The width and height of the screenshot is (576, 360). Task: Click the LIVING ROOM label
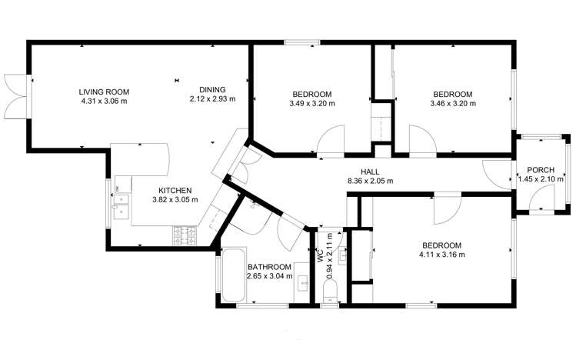pos(103,92)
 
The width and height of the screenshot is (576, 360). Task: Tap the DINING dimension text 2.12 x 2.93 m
pos(212,99)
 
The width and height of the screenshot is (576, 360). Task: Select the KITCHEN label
pos(175,191)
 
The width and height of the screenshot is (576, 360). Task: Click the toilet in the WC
pos(331,289)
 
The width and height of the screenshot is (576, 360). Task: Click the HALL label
pos(370,172)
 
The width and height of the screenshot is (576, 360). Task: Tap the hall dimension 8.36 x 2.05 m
pos(370,182)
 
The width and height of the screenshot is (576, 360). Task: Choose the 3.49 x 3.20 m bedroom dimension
pos(312,104)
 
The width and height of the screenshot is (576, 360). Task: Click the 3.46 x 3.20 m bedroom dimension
pos(452,104)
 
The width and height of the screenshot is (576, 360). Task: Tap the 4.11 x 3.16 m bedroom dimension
pos(441,254)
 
